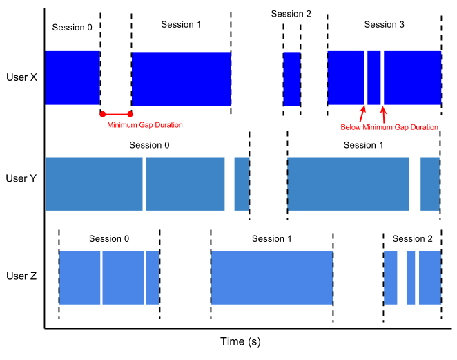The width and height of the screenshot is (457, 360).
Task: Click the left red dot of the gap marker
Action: click(x=103, y=114)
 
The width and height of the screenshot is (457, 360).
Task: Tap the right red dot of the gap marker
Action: click(x=130, y=114)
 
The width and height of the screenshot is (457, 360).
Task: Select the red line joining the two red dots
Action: click(x=116, y=114)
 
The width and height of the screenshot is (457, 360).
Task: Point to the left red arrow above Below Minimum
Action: click(x=362, y=113)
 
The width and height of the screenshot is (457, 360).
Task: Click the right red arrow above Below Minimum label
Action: click(x=384, y=113)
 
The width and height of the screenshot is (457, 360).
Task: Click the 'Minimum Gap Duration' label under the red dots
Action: click(x=145, y=125)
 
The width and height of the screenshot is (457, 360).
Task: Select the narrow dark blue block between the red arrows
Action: click(x=373, y=77)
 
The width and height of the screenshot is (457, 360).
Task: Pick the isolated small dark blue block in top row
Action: click(x=291, y=78)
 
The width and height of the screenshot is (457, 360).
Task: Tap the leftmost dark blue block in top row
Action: click(x=72, y=77)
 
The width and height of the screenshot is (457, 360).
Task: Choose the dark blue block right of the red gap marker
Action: click(x=181, y=78)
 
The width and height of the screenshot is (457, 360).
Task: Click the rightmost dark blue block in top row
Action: click(x=412, y=77)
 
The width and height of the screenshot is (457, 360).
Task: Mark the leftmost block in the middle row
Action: click(x=94, y=184)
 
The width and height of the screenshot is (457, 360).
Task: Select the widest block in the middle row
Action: click(x=349, y=184)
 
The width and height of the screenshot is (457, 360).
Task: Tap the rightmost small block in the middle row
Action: click(x=429, y=184)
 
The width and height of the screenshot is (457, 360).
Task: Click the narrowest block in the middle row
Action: click(x=241, y=184)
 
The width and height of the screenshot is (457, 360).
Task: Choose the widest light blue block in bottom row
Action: click(x=272, y=278)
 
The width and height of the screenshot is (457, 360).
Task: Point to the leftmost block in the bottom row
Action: click(x=80, y=278)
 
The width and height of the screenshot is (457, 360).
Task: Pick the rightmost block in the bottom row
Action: click(x=429, y=278)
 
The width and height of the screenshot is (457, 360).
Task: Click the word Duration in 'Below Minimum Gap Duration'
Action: click(x=422, y=127)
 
